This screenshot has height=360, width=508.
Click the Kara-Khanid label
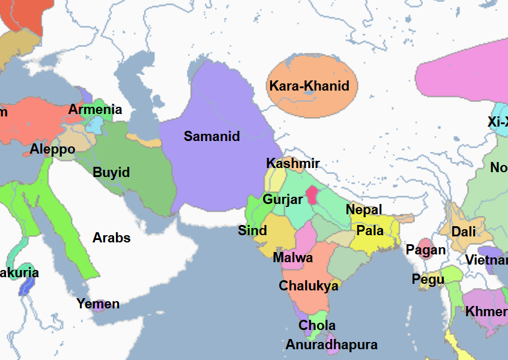click(309, 86)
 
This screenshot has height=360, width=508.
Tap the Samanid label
click(211, 136)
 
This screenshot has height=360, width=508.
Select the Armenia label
click(95, 109)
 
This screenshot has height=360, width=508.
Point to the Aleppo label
click(53, 149)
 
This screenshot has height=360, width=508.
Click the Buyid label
click(111, 172)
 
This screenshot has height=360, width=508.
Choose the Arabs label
click(111, 238)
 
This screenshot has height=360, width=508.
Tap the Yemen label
click(98, 304)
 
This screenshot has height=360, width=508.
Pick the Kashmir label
click(292, 163)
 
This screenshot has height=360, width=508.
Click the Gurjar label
click(282, 199)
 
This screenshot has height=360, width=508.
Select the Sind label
click(252, 230)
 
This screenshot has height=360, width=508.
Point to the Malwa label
click(292, 257)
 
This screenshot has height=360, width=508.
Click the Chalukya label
click(308, 286)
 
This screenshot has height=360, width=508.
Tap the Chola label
click(317, 325)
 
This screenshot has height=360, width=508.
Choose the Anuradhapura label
click(331, 344)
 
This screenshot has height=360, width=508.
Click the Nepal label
click(363, 209)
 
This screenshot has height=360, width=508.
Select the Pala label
click(370, 230)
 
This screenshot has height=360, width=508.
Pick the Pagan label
click(426, 250)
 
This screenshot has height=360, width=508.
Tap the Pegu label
click(428, 279)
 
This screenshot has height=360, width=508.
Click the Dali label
click(464, 231)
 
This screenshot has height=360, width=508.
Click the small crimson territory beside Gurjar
click(312, 195)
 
